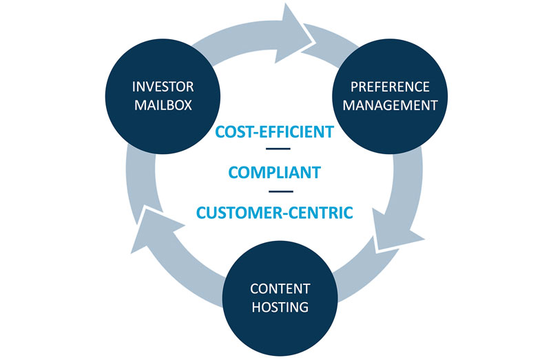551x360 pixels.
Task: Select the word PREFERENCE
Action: tap(390, 87)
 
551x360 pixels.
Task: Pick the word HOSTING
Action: tap(280, 307)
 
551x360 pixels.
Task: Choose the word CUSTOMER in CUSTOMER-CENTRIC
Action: tap(238, 212)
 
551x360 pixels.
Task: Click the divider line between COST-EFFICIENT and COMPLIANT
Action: tap(279, 149)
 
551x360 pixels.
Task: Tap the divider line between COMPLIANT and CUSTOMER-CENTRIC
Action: tap(279, 191)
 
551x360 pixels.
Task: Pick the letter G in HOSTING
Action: tap(303, 307)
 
